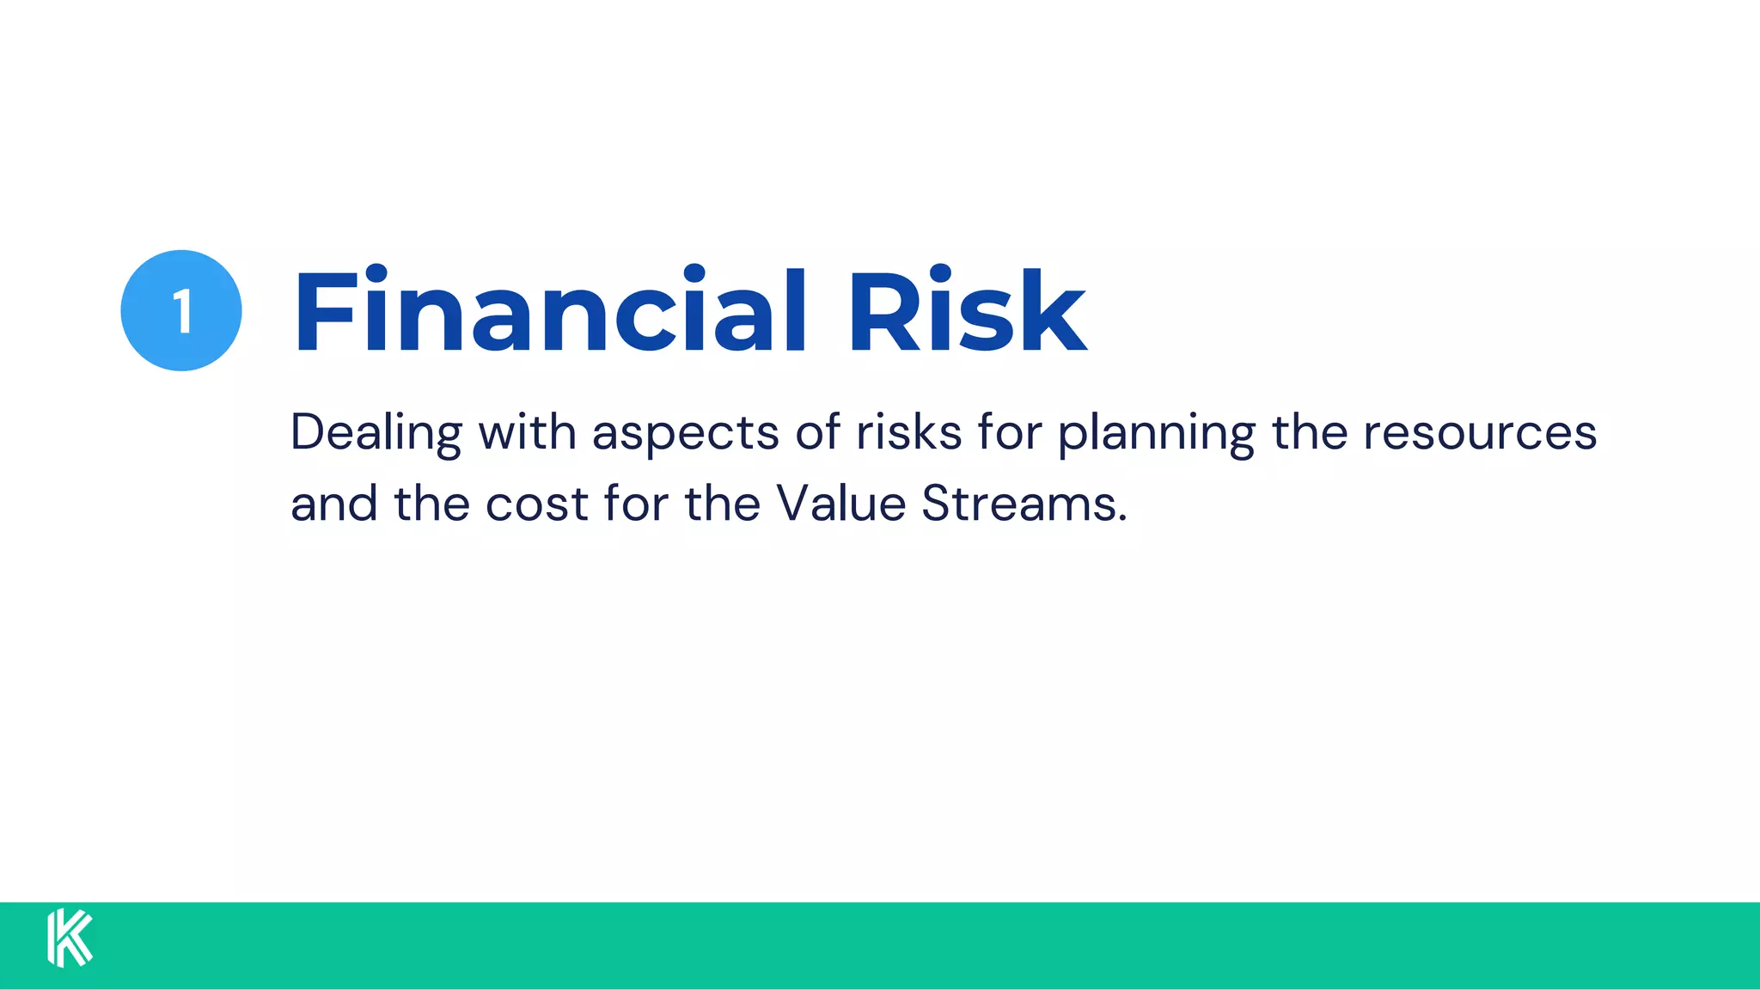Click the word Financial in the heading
point(550,311)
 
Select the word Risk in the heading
point(967,311)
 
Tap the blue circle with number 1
point(181,310)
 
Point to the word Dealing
point(376,432)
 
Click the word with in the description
point(527,432)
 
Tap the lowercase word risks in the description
point(908,432)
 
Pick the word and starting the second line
point(333,504)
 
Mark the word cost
point(536,504)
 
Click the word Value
point(840,504)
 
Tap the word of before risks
point(817,432)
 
